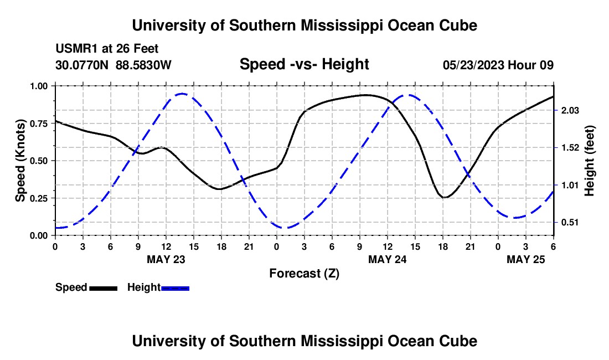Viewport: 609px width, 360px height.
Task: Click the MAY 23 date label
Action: click(166, 259)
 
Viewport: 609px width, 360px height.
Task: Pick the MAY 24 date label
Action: click(387, 259)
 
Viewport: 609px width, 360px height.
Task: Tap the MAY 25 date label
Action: click(526, 259)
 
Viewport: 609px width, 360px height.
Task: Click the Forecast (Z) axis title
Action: click(304, 273)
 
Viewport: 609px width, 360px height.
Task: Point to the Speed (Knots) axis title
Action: click(20, 161)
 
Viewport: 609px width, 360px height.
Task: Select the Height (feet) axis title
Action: click(589, 161)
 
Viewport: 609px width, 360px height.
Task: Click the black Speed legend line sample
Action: click(103, 288)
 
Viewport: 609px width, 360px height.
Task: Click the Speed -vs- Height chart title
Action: click(304, 64)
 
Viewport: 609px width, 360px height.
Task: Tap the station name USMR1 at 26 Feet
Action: click(107, 49)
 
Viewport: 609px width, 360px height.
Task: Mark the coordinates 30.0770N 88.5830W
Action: click(113, 65)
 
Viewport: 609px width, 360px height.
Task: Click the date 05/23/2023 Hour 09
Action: click(498, 65)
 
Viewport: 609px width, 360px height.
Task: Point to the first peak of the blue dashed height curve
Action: click(182, 94)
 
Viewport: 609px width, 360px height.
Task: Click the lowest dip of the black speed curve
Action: click(445, 197)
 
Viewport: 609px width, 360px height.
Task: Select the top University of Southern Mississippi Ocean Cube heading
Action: click(304, 25)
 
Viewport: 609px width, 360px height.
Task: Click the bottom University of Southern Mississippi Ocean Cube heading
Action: click(304, 341)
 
